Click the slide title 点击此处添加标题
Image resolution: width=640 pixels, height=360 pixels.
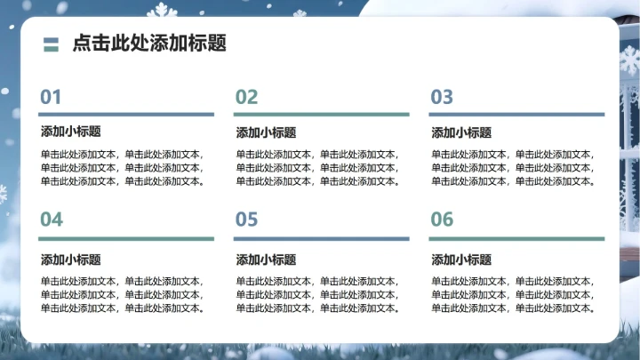pos(148,44)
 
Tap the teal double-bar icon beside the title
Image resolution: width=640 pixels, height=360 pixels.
pos(51,44)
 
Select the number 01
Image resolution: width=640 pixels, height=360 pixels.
pos(51,97)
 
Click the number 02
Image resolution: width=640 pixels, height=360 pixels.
pos(246,97)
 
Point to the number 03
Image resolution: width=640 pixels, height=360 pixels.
pos(442,97)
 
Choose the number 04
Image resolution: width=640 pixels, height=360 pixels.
pos(52,220)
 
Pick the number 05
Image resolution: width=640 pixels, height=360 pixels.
pos(246,220)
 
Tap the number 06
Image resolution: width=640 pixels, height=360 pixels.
pos(442,220)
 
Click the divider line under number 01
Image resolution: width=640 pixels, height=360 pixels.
pos(126,114)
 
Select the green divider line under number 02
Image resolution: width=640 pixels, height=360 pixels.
pos(321,114)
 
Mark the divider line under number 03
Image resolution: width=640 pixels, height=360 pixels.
pos(516,114)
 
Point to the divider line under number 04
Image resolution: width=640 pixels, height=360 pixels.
pos(126,238)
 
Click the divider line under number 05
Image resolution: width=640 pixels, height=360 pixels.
pos(321,238)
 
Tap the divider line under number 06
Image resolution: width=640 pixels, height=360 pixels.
pos(516,238)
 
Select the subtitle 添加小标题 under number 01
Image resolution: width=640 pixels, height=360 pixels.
pos(70,132)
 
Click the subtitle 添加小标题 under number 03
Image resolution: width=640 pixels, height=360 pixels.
pos(461,132)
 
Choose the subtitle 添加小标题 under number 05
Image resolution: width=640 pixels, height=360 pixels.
pos(266,260)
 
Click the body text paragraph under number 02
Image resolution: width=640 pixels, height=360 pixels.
pos(318,168)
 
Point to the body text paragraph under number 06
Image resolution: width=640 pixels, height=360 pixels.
pos(514,295)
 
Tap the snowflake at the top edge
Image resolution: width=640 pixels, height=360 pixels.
pos(161,10)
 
